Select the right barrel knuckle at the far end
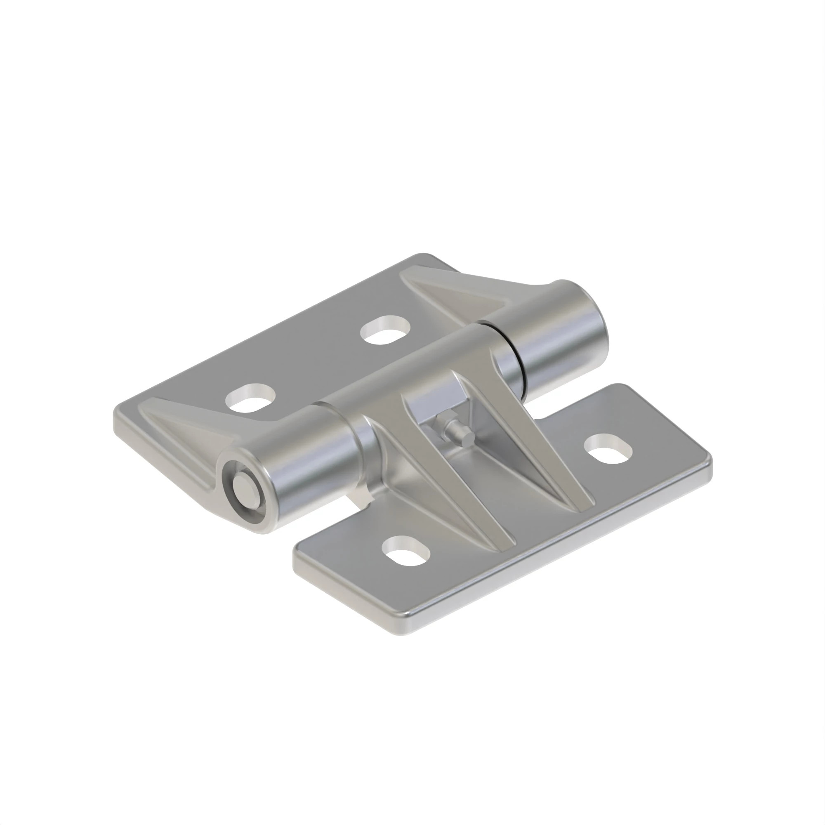555,333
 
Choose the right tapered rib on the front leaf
542,448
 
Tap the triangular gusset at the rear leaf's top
453,295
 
